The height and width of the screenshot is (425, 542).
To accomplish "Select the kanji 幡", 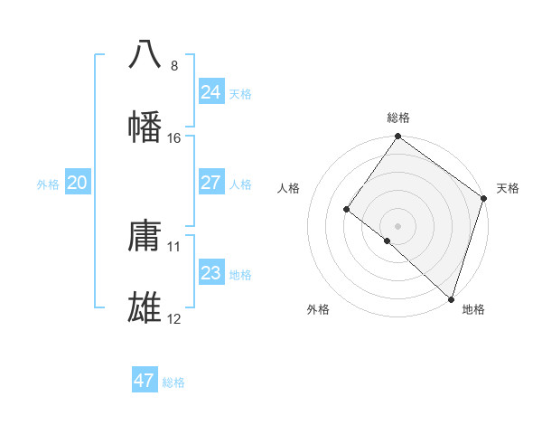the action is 145,127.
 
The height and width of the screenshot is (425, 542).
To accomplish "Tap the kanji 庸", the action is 145,236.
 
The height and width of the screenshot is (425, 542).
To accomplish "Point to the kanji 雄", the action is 145,308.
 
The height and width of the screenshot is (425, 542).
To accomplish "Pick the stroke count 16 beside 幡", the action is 174,138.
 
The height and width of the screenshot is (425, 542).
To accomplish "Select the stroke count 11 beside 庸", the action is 174,247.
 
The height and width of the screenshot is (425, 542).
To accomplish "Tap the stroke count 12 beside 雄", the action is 174,320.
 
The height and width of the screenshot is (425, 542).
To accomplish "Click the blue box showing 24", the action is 210,91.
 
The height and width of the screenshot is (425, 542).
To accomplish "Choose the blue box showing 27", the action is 210,183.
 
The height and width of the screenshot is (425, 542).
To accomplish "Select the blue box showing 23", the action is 210,273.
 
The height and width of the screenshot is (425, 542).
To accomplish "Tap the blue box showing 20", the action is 77,183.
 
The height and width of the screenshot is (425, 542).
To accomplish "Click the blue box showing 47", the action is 145,381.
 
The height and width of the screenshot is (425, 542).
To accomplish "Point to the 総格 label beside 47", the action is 173,382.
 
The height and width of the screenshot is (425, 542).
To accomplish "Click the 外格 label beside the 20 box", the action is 48,184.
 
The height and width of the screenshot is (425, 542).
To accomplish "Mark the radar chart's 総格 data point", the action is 397,137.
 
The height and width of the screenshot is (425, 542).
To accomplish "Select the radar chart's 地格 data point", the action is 451,298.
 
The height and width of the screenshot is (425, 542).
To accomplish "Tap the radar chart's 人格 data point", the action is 346,210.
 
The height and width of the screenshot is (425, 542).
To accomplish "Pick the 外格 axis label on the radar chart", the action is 318,309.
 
